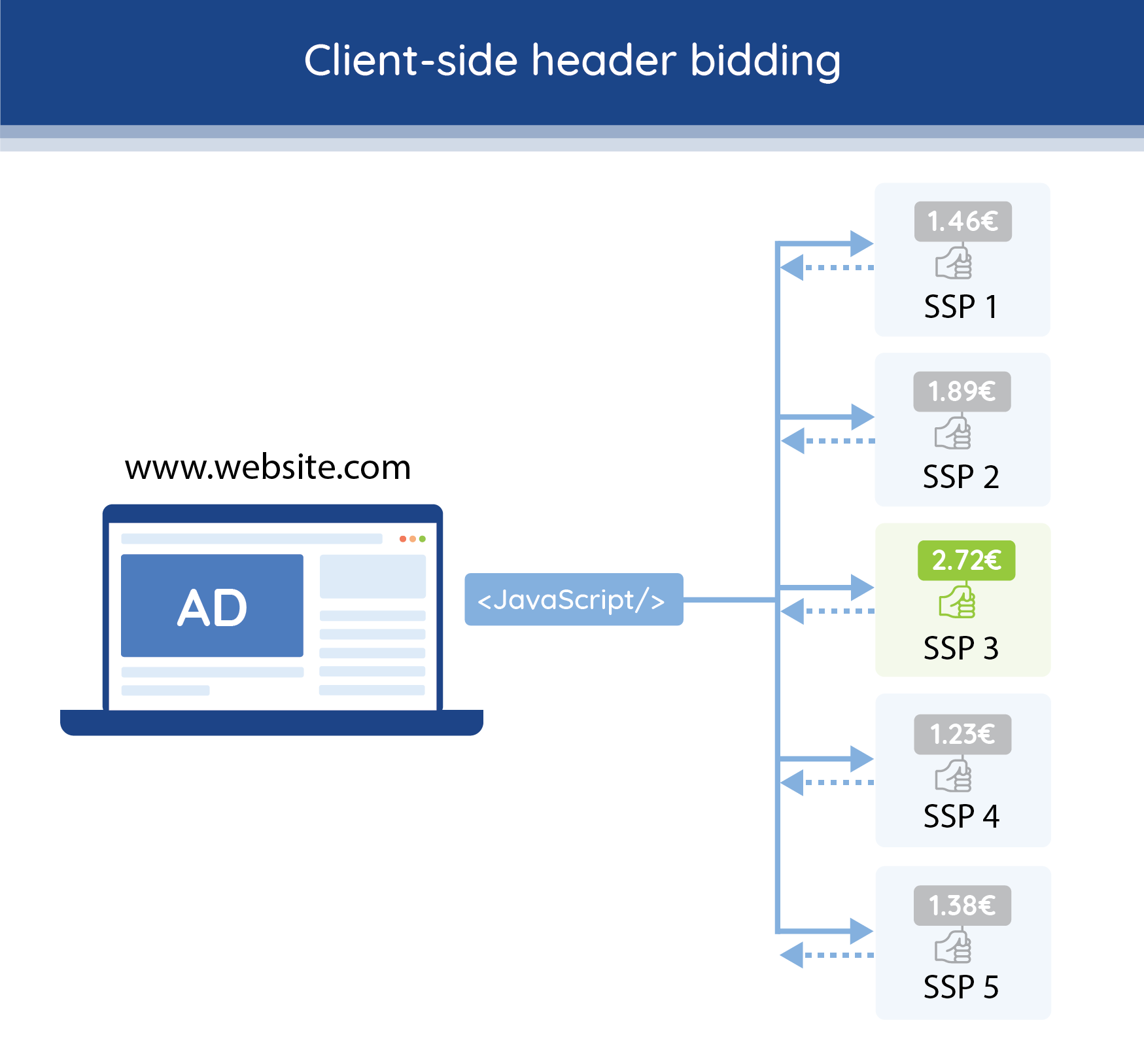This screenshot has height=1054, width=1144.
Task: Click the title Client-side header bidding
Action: (x=572, y=61)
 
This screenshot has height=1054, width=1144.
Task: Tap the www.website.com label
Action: (x=268, y=467)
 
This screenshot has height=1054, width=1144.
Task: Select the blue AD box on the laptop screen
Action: (x=212, y=606)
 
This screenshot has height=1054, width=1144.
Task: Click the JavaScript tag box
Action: (x=574, y=599)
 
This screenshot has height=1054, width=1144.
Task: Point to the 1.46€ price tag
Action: (x=963, y=221)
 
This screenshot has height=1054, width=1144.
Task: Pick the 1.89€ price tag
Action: (x=962, y=391)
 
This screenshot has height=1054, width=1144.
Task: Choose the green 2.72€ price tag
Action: (x=966, y=560)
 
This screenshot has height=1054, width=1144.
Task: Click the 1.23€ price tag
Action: (x=963, y=734)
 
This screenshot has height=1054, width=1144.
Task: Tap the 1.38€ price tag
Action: (x=962, y=905)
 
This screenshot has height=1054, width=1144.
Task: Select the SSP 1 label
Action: (x=961, y=307)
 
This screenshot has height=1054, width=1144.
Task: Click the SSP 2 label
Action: (x=961, y=477)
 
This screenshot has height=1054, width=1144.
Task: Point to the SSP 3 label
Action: (x=961, y=648)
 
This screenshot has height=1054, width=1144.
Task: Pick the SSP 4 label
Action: (x=961, y=817)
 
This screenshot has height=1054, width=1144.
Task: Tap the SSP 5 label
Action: (x=961, y=987)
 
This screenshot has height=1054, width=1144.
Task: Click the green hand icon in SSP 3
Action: (x=957, y=602)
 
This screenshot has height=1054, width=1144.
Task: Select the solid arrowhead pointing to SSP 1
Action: (x=861, y=243)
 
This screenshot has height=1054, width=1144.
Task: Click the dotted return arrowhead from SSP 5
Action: (x=793, y=955)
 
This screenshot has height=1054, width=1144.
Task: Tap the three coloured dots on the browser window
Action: (x=413, y=539)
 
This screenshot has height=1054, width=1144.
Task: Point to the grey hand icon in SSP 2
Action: (x=953, y=433)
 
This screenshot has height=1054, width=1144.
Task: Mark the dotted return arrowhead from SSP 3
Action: (x=793, y=611)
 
